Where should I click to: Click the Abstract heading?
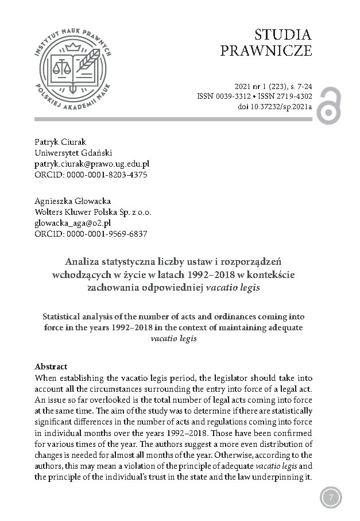click(x=51, y=367)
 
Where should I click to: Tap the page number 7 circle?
click(x=330, y=497)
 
